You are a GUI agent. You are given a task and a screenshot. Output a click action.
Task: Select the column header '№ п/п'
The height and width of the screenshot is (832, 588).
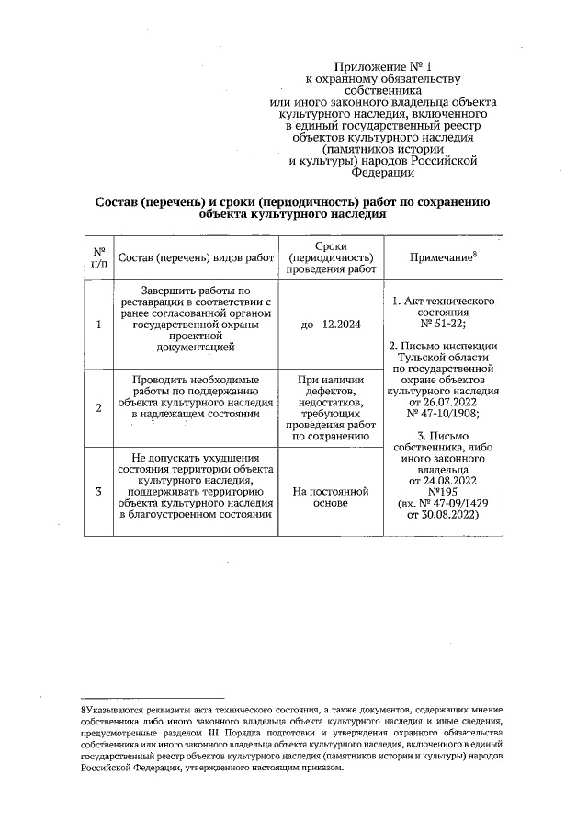point(98,256)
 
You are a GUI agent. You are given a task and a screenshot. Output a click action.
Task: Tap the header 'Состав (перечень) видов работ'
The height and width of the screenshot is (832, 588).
point(197,257)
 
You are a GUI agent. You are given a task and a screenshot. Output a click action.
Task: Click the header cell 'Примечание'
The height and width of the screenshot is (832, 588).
point(443,257)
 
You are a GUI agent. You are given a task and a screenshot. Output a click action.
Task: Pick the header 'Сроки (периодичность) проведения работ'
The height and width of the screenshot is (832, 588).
point(331,257)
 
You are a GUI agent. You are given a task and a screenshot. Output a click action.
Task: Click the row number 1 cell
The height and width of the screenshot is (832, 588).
point(98,324)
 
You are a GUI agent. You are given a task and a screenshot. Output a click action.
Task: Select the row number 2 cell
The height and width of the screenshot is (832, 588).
point(98,407)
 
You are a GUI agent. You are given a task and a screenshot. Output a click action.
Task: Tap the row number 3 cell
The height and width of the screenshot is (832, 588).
point(98,491)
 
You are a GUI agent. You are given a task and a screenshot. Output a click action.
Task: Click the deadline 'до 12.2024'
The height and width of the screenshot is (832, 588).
point(331,324)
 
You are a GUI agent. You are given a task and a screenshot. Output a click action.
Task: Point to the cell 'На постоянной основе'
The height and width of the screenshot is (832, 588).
point(331,497)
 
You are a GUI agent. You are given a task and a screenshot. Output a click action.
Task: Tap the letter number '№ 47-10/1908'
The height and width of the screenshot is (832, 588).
point(443,414)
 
